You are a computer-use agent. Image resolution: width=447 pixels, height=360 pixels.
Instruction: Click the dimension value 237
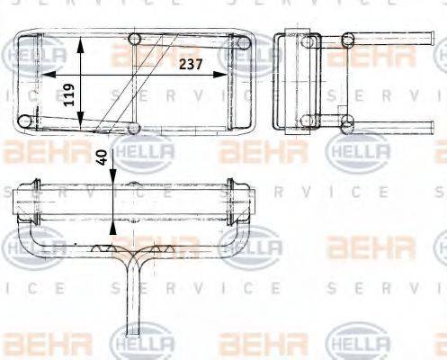(191, 64)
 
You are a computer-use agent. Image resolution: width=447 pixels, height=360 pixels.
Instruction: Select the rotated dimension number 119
(69, 94)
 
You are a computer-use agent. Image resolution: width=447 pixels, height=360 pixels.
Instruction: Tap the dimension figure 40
(103, 157)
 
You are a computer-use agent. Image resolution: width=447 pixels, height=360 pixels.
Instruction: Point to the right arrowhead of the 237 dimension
(219, 75)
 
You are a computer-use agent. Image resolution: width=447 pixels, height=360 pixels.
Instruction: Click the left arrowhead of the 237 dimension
(49, 75)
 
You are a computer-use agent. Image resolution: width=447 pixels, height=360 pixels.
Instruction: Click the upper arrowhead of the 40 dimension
(112, 175)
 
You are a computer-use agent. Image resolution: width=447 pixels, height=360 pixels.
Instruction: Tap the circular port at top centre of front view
(134, 39)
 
